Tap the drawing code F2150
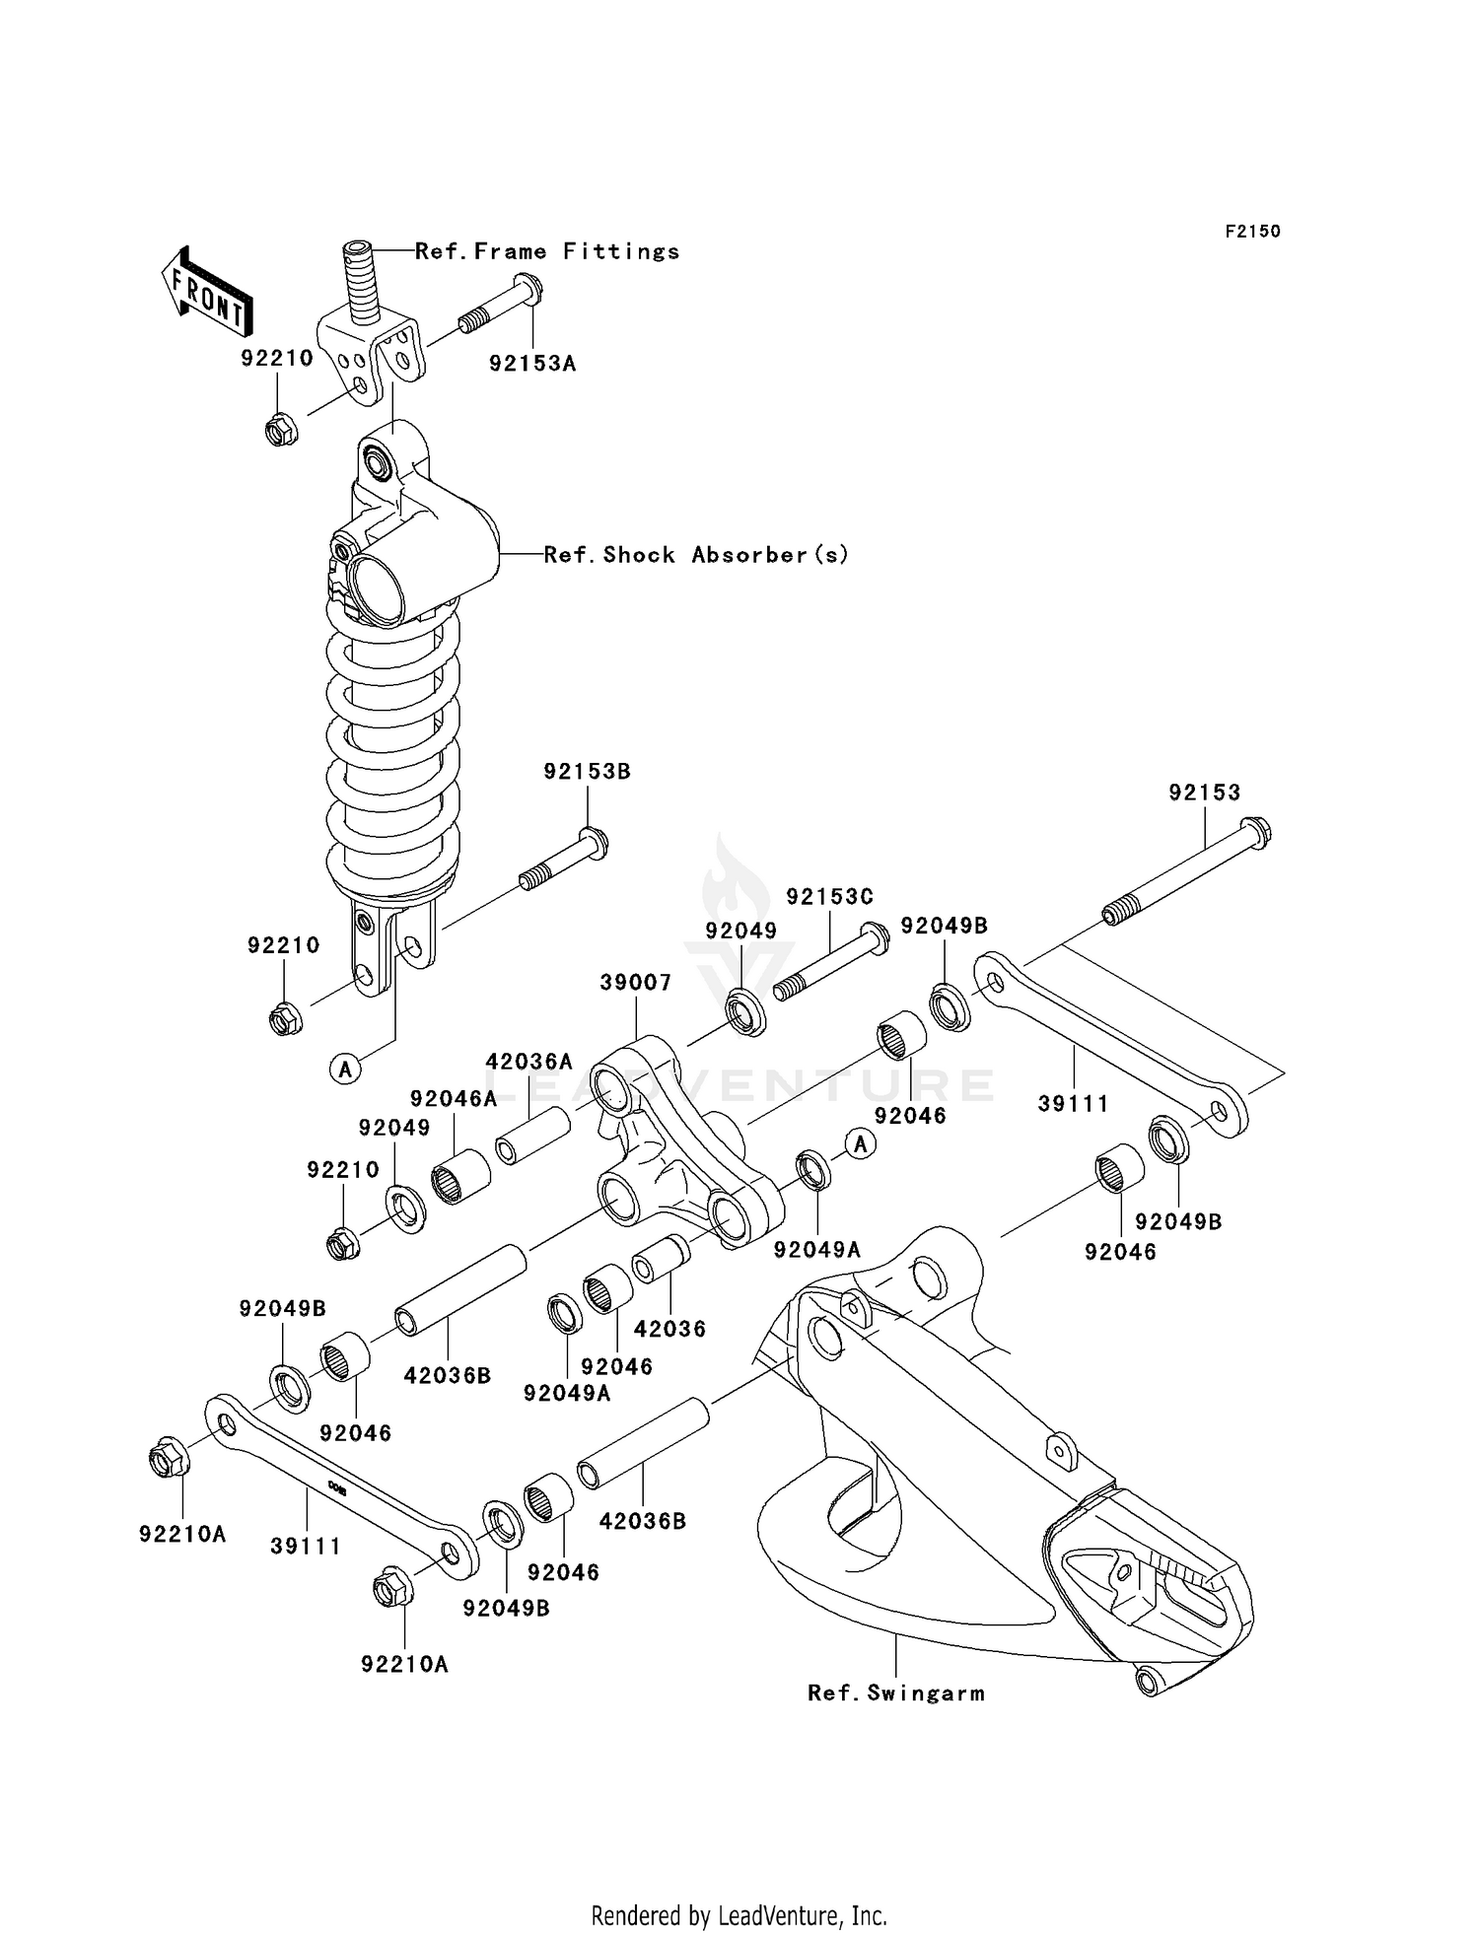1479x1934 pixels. pos(1252,232)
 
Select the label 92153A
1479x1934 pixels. pos(532,364)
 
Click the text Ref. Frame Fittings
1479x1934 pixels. pos(547,251)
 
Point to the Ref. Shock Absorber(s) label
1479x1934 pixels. pos(696,555)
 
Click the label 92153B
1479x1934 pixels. pos(587,772)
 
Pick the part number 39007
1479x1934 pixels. pos(636,983)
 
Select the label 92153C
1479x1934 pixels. pos(829,897)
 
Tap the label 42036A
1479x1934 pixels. pos(528,1062)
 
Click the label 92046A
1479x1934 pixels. pos(454,1099)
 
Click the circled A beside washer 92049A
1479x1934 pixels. pos(861,1144)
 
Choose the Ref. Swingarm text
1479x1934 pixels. pos(895,1693)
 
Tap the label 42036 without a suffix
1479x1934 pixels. pos(669,1329)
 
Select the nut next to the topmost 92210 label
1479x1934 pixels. pos(281,430)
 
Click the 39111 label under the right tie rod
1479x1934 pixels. pos(1073,1104)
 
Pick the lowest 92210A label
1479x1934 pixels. pos(404,1664)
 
